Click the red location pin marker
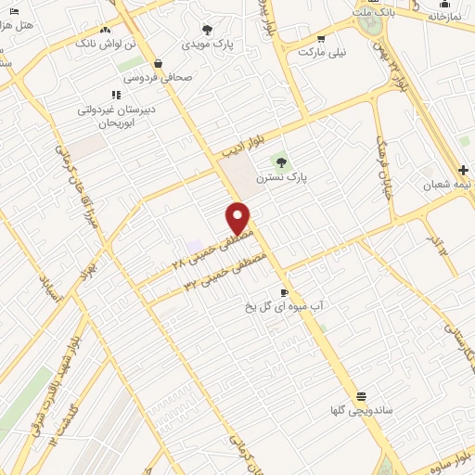(x=238, y=219)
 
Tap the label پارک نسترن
(x=310, y=175)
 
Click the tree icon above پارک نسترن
(x=295, y=161)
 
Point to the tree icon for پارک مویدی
(x=207, y=30)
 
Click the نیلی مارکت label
(x=322, y=53)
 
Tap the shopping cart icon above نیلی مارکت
(x=321, y=39)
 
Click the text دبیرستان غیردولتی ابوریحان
(x=116, y=115)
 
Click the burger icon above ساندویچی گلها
(x=360, y=394)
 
